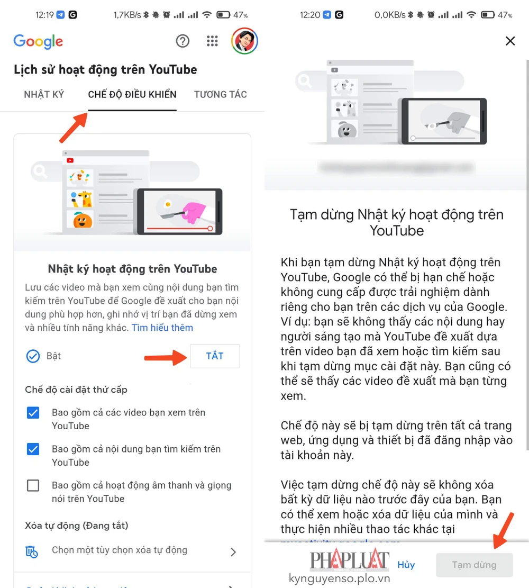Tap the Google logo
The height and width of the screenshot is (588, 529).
(38, 41)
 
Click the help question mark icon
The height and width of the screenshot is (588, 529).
(183, 41)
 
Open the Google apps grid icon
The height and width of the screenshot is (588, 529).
(212, 41)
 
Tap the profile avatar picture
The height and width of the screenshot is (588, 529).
(244, 41)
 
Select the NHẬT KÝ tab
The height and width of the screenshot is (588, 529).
(44, 95)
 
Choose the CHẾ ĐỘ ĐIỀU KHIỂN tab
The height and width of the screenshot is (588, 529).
(132, 95)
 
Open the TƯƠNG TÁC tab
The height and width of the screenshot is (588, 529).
(221, 95)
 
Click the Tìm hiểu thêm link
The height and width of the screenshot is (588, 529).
(162, 328)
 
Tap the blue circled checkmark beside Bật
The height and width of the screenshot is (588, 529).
(33, 356)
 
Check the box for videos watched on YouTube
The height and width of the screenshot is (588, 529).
(33, 413)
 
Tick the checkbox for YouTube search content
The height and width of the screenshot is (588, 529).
(33, 449)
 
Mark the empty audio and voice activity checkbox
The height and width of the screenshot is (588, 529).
(33, 485)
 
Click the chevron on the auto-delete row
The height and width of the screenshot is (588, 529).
(233, 552)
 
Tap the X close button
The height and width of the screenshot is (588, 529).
(510, 41)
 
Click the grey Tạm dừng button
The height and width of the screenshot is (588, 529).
(474, 565)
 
